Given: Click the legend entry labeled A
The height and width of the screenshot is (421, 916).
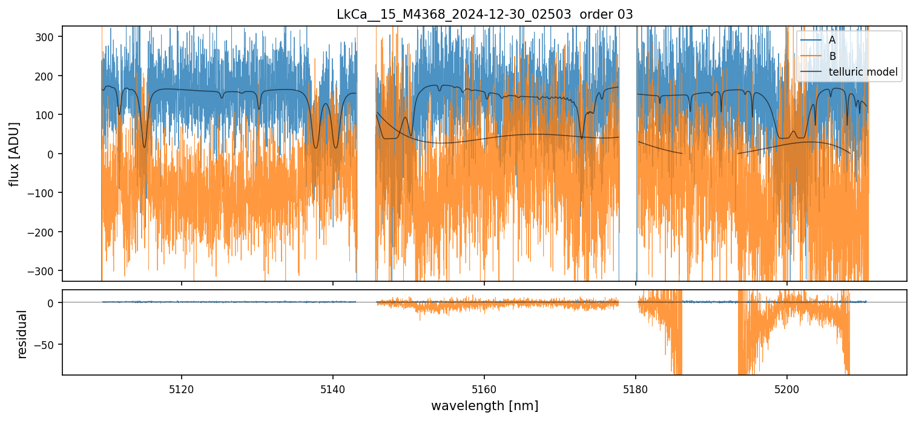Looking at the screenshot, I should click(x=832, y=40).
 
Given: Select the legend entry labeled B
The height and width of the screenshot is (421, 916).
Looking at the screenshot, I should click(x=832, y=56).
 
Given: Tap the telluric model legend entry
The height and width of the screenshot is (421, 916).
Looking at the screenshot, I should click(x=863, y=73).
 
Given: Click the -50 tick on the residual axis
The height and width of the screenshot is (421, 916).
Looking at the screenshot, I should click(x=48, y=344).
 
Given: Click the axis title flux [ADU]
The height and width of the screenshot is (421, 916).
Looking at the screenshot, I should click(x=14, y=154).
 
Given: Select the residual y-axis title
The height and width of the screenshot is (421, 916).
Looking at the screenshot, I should click(x=22, y=334).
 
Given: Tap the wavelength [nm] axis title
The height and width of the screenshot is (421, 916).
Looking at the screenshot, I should click(x=484, y=405).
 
